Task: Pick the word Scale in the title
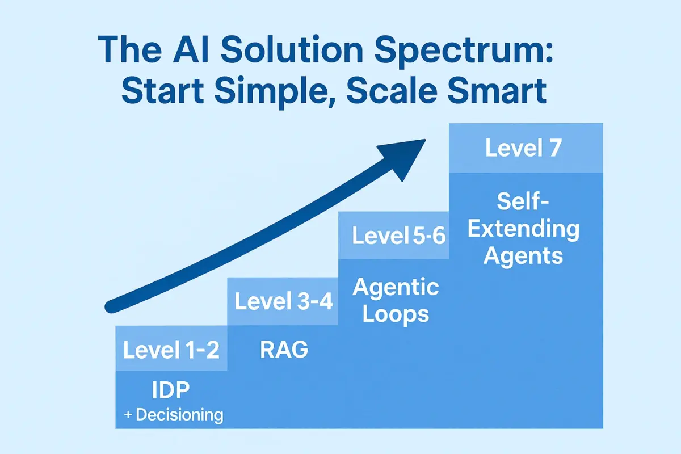point(396,93)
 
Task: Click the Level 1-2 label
point(171,350)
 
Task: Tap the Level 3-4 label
point(283,301)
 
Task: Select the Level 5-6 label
point(400,236)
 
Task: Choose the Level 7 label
point(523,148)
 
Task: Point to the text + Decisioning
point(173,415)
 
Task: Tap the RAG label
point(283,350)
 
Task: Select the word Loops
point(396,314)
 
